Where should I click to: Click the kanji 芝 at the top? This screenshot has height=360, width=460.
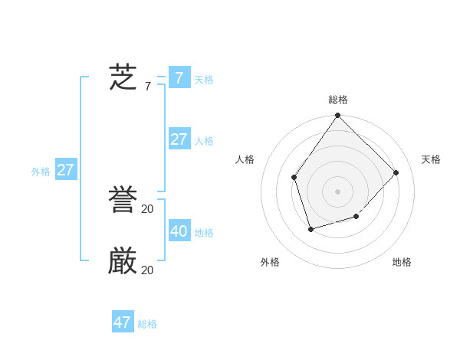point(123,77)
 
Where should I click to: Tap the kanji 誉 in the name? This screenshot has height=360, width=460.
point(123,201)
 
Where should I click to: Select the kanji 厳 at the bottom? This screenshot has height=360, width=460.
point(123,262)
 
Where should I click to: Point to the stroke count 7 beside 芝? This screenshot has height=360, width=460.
point(147,87)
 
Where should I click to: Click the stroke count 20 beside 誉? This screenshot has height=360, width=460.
point(147,209)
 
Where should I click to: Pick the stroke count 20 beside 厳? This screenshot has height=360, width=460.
point(147,270)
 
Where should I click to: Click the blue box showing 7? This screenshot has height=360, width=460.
point(179,77)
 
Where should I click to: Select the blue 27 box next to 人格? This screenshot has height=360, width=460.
point(179,139)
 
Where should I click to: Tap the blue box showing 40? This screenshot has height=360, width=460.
point(179,231)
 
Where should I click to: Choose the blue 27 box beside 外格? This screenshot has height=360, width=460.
point(66,170)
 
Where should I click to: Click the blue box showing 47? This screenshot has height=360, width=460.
point(123,322)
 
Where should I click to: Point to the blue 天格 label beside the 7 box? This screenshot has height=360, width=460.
point(204,80)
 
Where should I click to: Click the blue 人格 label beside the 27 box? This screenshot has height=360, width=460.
point(204,141)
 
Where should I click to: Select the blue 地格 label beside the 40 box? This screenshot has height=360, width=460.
point(204,233)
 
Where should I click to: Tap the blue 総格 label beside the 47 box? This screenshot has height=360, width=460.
point(147,325)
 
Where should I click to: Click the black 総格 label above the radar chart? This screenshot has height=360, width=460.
point(338,100)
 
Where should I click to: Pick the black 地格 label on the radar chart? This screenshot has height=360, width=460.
point(402,262)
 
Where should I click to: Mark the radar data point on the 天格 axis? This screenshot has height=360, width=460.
point(396,172)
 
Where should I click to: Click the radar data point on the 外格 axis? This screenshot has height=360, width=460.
point(310,229)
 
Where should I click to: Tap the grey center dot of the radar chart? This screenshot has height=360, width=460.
point(338,191)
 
